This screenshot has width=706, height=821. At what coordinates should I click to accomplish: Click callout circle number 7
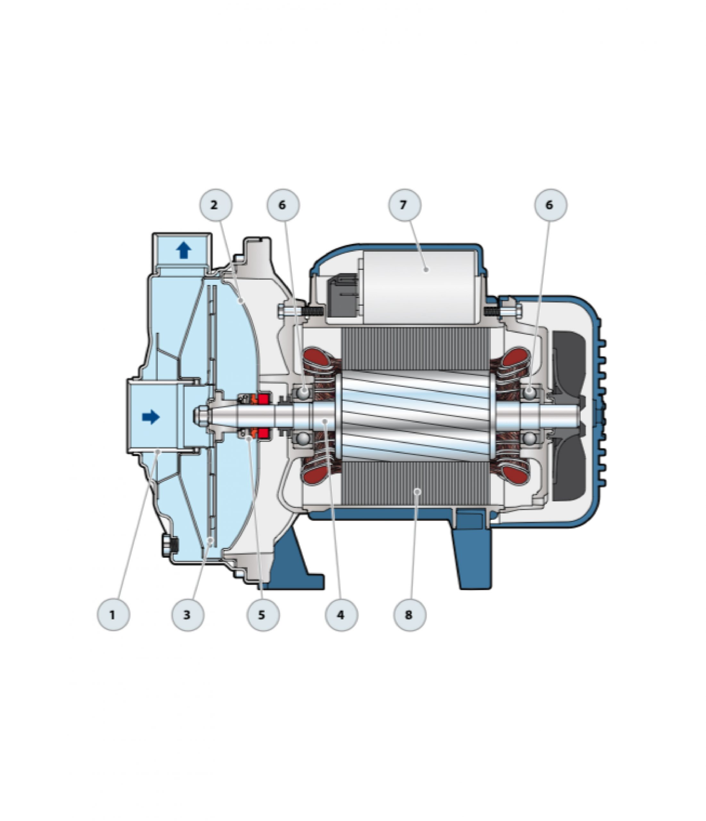click(405, 205)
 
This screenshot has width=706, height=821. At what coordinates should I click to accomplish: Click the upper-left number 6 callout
click(283, 205)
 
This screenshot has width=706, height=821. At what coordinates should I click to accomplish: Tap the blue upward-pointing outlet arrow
click(183, 251)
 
